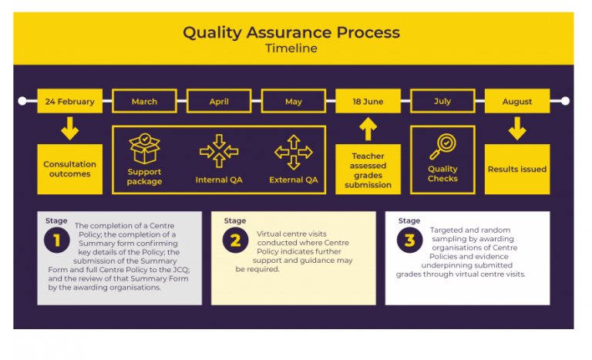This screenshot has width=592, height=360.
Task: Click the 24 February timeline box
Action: (69, 102)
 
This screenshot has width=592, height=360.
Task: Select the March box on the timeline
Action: (144, 102)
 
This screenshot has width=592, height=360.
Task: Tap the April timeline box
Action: (219, 102)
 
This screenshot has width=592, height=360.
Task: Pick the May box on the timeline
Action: (294, 102)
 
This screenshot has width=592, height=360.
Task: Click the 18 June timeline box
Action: (368, 102)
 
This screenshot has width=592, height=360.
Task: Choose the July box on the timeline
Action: (442, 102)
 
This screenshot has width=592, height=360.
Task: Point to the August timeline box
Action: (517, 102)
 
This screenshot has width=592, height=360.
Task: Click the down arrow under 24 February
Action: (69, 128)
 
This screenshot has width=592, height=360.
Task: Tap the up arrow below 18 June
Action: (368, 128)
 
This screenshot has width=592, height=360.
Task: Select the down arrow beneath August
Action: (517, 128)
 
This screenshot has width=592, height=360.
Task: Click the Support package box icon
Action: (144, 149)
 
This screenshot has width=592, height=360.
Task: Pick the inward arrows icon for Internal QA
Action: (218, 151)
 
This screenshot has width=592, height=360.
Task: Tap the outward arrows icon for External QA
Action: (294, 151)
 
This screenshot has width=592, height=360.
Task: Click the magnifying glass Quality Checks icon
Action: (443, 146)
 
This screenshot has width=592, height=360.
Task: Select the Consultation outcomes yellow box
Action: (69, 169)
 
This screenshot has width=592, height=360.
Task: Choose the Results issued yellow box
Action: (517, 169)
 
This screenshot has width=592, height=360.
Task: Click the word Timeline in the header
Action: (291, 49)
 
